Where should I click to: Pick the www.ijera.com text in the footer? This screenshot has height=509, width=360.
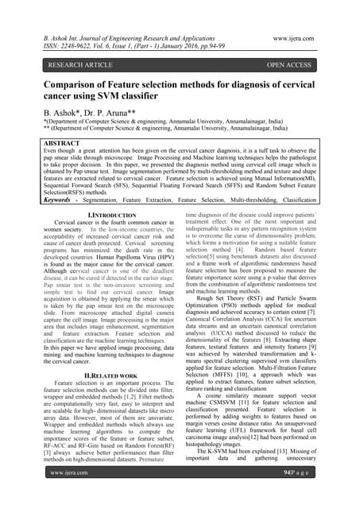point(68,495)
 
